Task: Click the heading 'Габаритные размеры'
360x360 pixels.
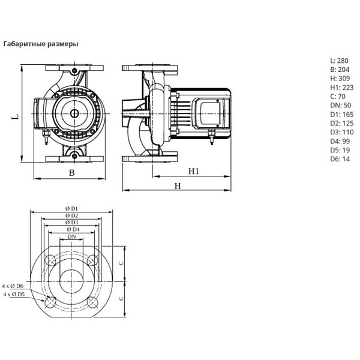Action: [41, 44]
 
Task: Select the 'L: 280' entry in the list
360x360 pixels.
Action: [339, 61]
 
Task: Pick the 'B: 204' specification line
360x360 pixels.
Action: [339, 71]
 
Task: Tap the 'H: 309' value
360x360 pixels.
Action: [339, 80]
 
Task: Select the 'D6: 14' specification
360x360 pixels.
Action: [339, 159]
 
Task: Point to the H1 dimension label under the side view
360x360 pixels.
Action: [194, 172]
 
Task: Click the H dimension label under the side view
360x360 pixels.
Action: [178, 186]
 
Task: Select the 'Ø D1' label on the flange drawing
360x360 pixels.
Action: [72, 208]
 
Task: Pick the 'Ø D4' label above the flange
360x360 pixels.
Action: [72, 229]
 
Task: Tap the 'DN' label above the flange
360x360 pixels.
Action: [72, 237]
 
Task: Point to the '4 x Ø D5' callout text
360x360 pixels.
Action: [14, 295]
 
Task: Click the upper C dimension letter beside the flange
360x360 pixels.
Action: [121, 263]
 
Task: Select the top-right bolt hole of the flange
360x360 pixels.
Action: [93, 260]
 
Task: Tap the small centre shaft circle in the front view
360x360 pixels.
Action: [73, 114]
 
